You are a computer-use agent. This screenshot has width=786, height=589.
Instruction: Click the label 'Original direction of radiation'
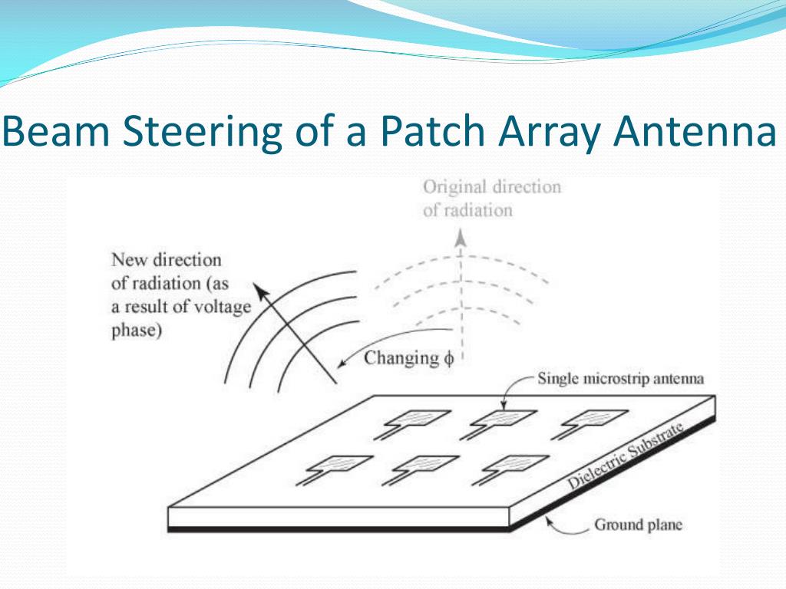point(491,198)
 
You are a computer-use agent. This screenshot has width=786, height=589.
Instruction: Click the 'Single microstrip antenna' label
point(620,378)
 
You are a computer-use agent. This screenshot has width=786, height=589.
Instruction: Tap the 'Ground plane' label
point(638,525)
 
